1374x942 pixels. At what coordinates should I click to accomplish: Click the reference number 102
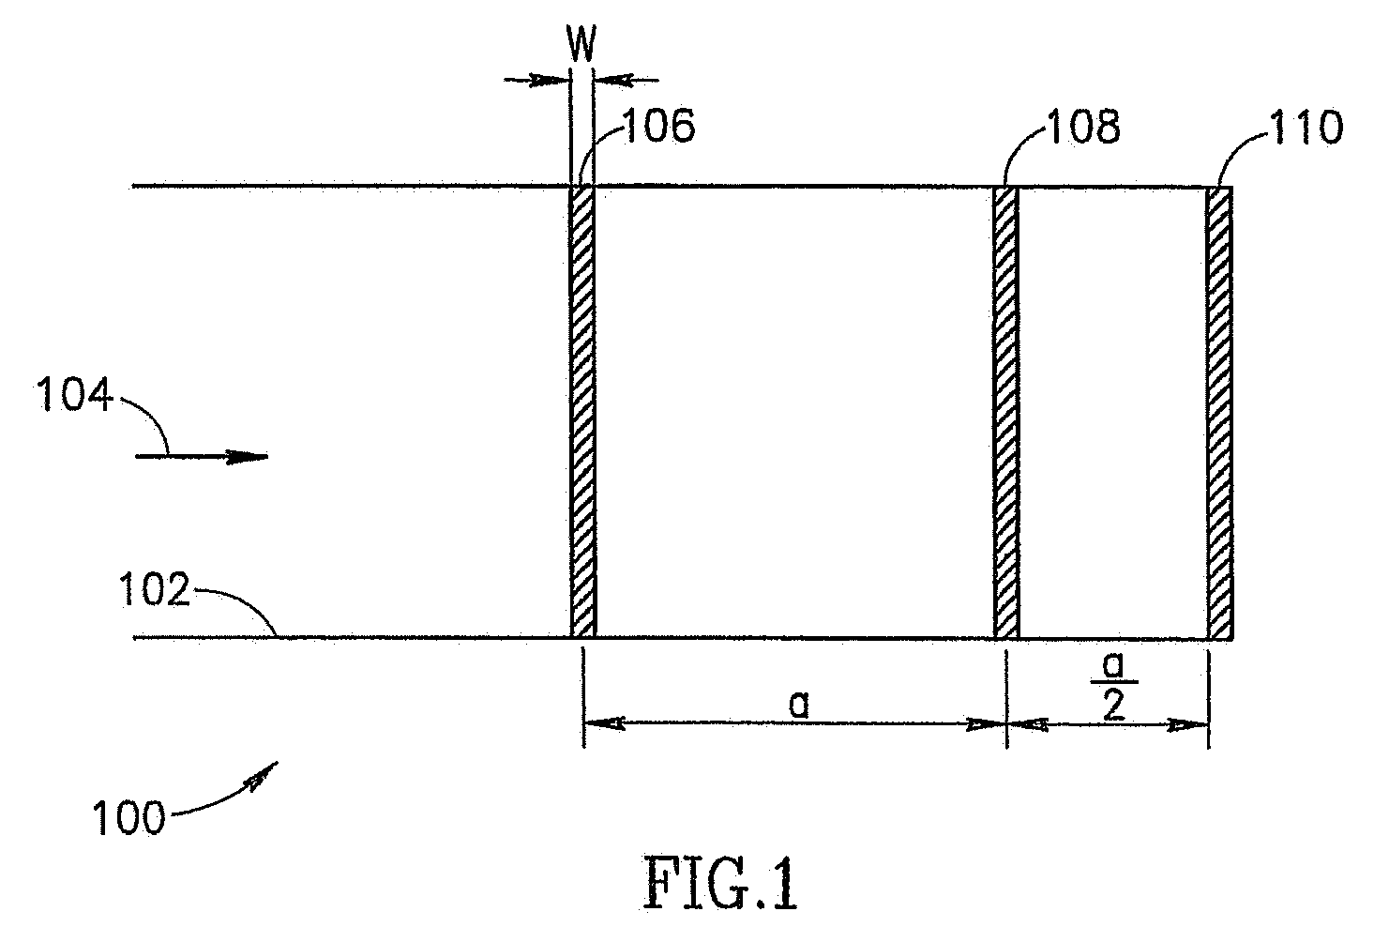click(x=155, y=591)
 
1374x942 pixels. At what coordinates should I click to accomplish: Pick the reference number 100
click(x=128, y=816)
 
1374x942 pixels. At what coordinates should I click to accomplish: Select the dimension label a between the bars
click(x=798, y=704)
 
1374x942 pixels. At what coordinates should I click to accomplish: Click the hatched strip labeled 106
click(x=582, y=413)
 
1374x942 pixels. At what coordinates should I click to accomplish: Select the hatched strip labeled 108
click(x=1005, y=413)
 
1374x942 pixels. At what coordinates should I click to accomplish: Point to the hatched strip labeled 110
click(x=1218, y=413)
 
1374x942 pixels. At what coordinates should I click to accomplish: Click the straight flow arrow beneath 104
click(x=202, y=457)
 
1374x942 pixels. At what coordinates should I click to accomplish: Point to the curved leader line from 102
click(x=239, y=603)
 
